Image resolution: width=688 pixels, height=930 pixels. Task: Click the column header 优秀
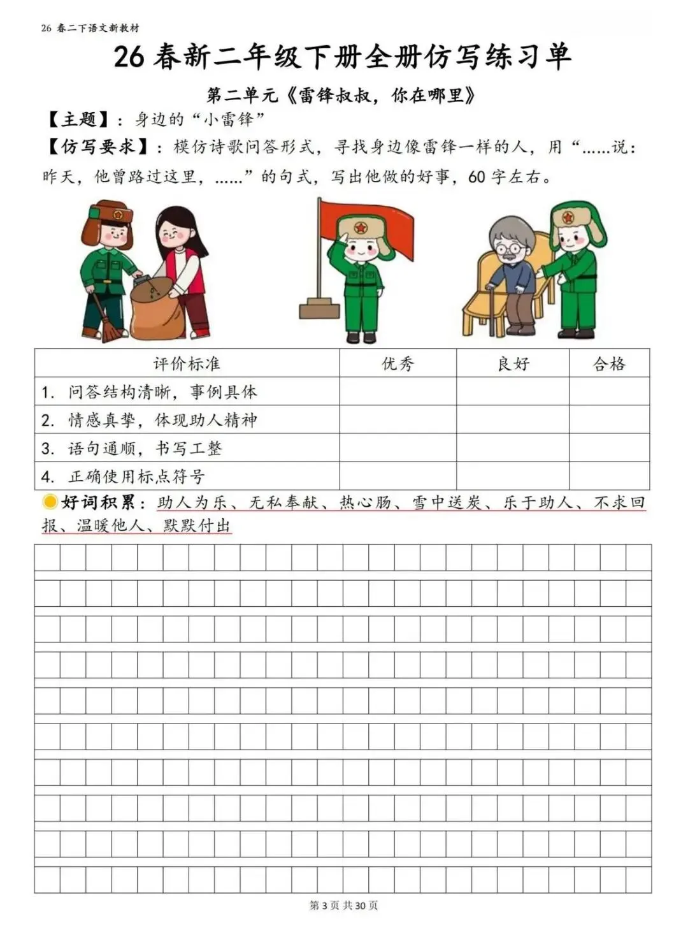[398, 364]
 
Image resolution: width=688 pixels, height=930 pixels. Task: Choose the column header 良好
[513, 364]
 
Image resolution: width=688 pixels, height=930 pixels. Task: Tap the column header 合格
[609, 364]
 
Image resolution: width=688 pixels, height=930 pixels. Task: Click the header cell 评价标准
[186, 364]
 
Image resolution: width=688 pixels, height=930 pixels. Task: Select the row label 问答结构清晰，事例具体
[162, 392]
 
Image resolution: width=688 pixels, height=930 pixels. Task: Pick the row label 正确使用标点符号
[136, 476]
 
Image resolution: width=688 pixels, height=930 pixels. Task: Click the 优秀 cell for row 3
[398, 448]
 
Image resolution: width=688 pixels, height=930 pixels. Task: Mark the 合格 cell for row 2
[609, 420]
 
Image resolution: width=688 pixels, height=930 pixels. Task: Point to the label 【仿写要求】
[98, 147]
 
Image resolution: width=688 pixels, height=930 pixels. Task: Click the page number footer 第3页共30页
[343, 905]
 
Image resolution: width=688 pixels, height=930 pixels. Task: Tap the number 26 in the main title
[129, 57]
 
